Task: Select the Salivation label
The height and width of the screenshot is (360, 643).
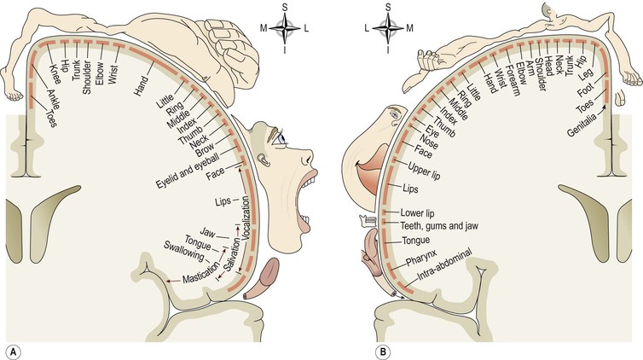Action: click(228, 257)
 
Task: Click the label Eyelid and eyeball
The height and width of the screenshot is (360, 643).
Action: click(186, 171)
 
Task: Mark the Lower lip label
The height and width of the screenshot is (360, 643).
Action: click(418, 212)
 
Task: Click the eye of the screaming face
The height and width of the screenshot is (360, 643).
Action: click(281, 136)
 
